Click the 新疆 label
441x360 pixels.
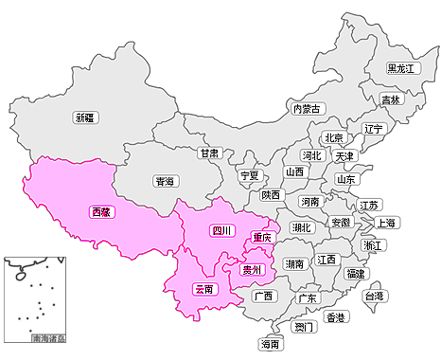pos(85,117)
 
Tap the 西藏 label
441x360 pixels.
pos(100,212)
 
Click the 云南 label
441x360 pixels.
pos(204,288)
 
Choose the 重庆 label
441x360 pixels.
pos(262,237)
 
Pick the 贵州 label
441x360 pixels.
pos(253,270)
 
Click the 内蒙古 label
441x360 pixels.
pos(308,109)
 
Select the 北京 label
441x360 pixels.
pos(332,137)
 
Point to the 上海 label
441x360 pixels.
pos(386,223)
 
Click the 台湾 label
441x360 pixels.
pos(375,296)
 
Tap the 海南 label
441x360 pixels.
pos(271,345)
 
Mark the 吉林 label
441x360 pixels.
pos(391,99)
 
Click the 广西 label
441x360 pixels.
pos(263,296)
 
